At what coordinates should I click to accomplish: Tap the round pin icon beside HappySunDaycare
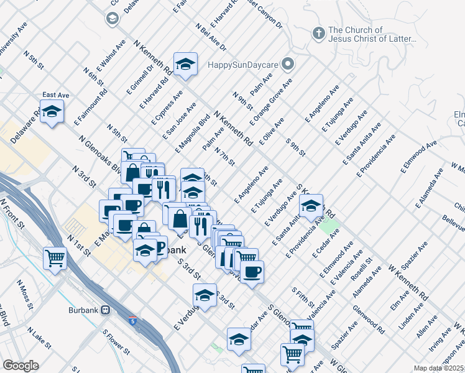pyautogui.click(x=287, y=64)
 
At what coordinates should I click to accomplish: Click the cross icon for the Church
pyautogui.click(x=318, y=33)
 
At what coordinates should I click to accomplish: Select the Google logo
pyautogui.click(x=21, y=365)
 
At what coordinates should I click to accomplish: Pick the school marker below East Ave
pyautogui.click(x=52, y=112)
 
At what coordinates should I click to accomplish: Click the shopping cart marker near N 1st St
pyautogui.click(x=55, y=257)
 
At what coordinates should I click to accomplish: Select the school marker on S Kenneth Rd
pyautogui.click(x=311, y=205)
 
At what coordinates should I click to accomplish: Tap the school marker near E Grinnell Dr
pyautogui.click(x=185, y=64)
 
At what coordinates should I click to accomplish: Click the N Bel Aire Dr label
pyautogui.click(x=210, y=38)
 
